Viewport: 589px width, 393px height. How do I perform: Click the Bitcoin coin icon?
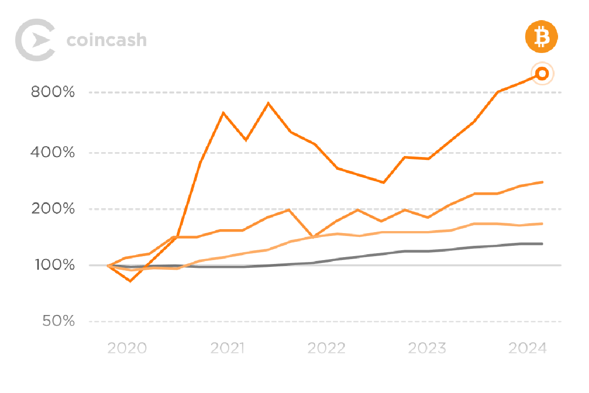[542, 36]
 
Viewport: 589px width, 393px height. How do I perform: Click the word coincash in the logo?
[107, 40]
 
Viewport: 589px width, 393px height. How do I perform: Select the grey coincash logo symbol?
[35, 40]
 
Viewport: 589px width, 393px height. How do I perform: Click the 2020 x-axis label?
[127, 348]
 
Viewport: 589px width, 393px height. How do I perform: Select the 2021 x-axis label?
[227, 348]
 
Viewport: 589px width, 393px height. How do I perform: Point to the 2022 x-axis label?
[327, 348]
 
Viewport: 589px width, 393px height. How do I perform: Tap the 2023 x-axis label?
[427, 348]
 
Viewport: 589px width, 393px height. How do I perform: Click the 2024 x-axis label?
[528, 348]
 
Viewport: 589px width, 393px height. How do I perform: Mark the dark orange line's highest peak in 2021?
[268, 103]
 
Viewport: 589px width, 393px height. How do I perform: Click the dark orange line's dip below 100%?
[131, 281]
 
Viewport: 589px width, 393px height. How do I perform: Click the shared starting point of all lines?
[108, 265]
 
